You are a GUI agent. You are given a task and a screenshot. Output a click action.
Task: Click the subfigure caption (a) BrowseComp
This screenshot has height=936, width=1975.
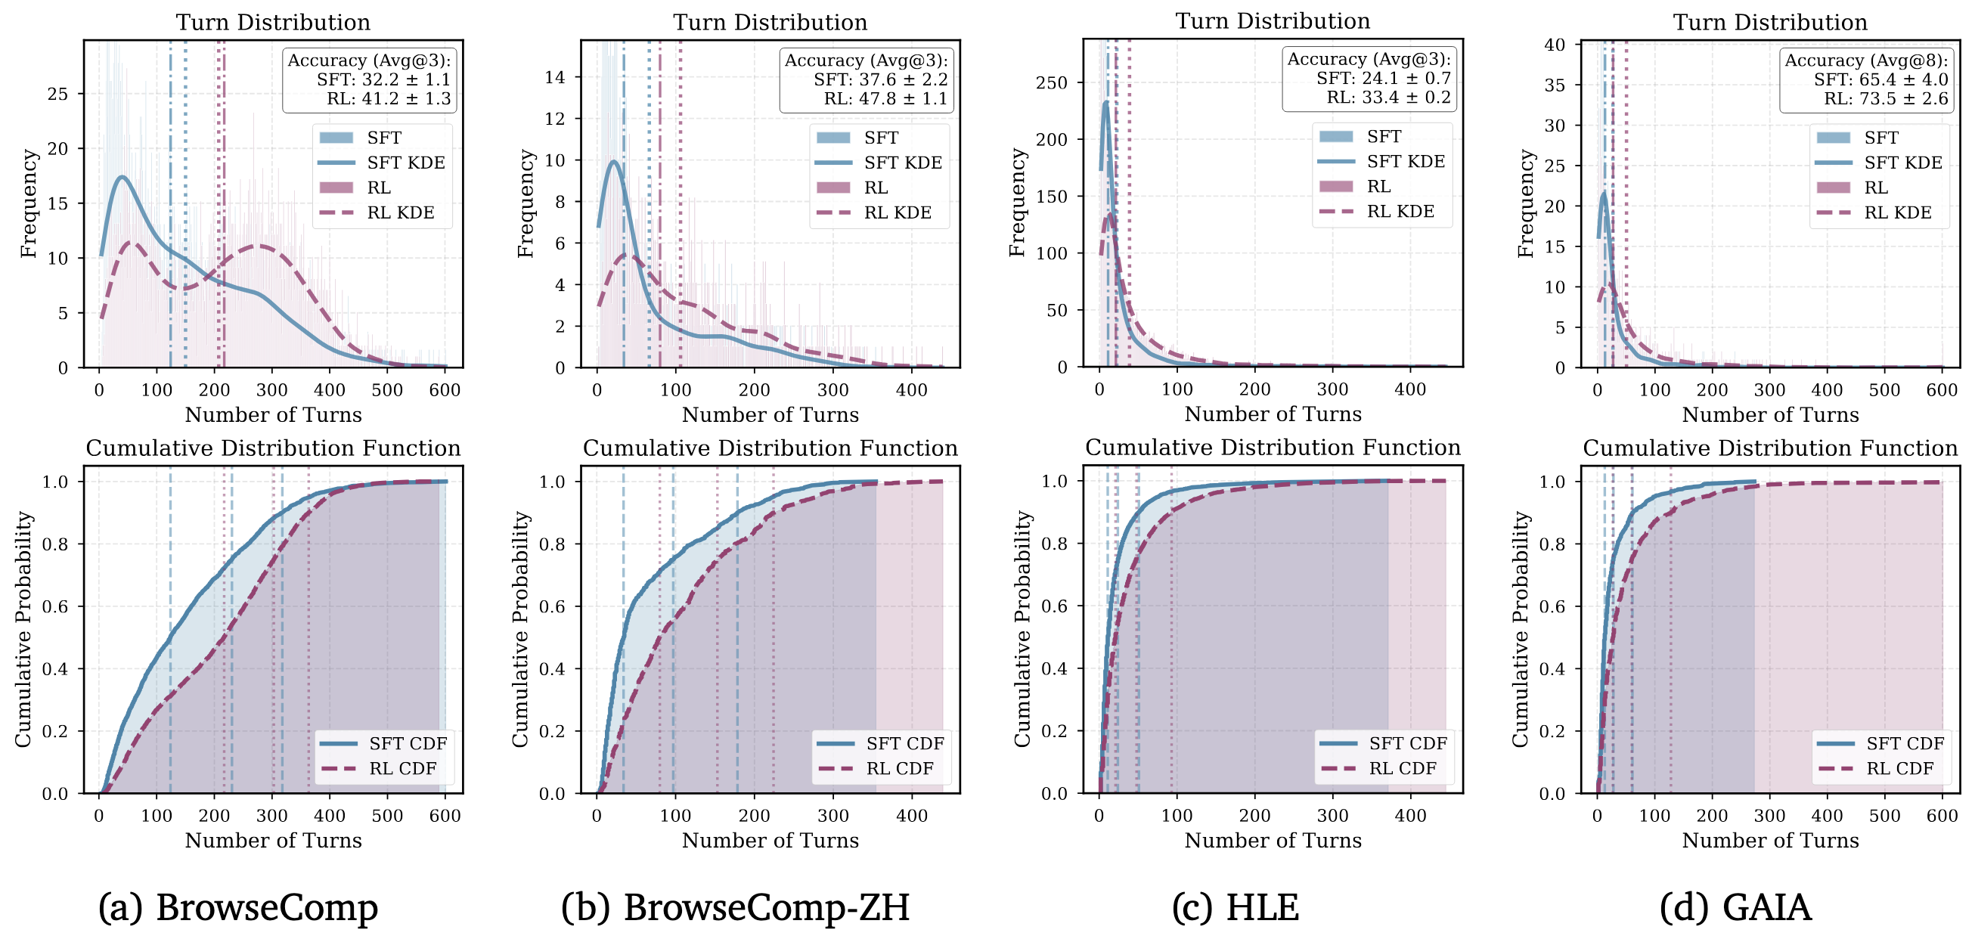237,907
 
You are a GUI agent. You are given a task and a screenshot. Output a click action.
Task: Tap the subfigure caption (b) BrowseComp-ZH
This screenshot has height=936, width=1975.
735,907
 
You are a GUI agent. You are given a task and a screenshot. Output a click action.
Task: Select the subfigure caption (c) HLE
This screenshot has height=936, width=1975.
1236,907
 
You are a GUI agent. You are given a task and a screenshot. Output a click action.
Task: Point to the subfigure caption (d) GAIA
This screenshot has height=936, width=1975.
1735,907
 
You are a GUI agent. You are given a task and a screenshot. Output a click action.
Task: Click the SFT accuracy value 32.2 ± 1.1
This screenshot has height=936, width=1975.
383,79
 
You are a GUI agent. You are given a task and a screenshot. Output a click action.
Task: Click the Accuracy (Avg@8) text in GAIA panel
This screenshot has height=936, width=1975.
1865,60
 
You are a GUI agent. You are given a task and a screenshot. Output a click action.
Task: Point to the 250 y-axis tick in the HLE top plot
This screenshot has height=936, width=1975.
1051,83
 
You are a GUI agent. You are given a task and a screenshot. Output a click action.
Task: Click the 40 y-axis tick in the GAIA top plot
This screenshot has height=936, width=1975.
1554,45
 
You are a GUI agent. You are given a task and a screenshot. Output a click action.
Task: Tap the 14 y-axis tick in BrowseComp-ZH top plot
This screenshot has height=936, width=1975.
555,76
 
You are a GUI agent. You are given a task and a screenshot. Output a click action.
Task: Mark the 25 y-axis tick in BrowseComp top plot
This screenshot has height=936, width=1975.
57,94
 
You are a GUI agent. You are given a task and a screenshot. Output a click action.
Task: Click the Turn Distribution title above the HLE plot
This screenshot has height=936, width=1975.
1273,20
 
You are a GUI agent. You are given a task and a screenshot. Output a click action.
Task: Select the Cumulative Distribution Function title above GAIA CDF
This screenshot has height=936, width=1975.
1769,448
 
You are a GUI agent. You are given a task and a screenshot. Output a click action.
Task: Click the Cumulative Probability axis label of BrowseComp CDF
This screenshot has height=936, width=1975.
23,628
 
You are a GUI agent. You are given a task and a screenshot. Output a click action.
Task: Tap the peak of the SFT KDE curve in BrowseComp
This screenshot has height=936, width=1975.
122,177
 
